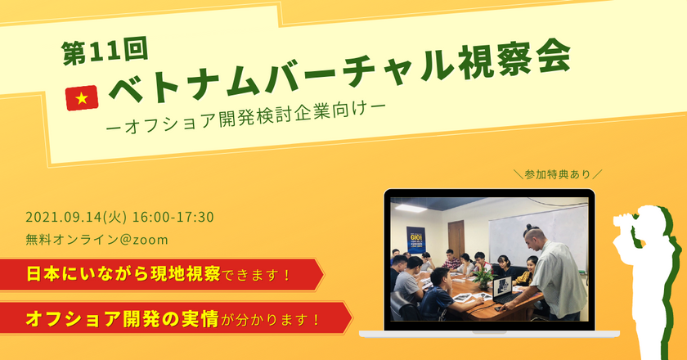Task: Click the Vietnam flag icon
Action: pos(81,98)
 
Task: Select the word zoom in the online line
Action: pos(151,239)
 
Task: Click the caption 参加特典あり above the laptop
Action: pos(558,173)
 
